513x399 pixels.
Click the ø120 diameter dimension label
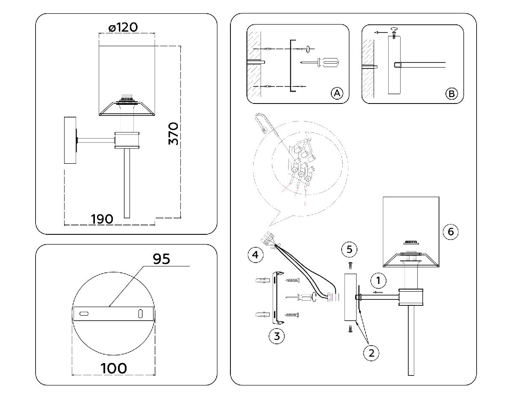(123, 27)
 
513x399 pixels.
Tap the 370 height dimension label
(173, 133)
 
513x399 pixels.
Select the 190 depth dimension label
(102, 219)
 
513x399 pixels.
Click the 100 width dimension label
(114, 368)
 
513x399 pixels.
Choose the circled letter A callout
(337, 93)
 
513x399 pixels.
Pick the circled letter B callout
(451, 93)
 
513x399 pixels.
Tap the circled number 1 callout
(378, 281)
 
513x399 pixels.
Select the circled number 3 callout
(277, 336)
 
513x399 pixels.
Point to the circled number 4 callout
(255, 255)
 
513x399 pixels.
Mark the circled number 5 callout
(350, 249)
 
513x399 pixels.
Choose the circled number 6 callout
(450, 232)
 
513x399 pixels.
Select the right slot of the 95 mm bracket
(140, 313)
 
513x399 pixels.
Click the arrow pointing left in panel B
(378, 32)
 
